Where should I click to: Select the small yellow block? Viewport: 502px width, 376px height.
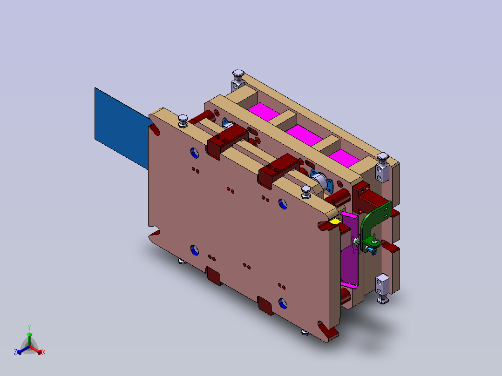(335, 221)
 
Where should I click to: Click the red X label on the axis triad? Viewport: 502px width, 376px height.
(44, 352)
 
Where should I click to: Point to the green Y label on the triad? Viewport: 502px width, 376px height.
(29, 327)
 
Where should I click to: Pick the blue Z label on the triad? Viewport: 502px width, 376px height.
(15, 352)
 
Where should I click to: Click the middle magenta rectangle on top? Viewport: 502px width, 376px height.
(304, 135)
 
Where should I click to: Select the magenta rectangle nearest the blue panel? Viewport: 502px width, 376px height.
(263, 112)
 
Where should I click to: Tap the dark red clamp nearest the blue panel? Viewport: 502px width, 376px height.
(228, 141)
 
